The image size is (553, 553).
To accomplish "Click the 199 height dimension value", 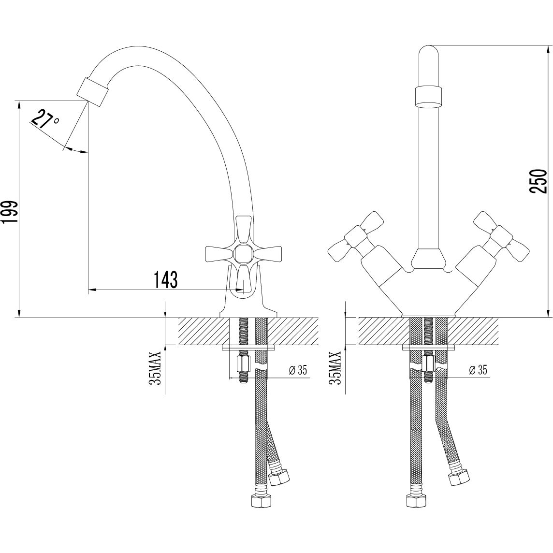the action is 10,212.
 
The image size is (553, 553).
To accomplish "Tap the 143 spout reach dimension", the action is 165,280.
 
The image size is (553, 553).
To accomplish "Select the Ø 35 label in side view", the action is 298,370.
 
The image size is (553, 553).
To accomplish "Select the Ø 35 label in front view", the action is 478,370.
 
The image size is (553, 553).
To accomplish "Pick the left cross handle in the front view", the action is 354,237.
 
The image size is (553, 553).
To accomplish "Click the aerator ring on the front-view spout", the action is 428,96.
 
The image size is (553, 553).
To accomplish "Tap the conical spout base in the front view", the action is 428,259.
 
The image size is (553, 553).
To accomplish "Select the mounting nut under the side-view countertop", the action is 243,364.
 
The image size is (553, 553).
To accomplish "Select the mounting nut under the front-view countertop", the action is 428,364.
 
